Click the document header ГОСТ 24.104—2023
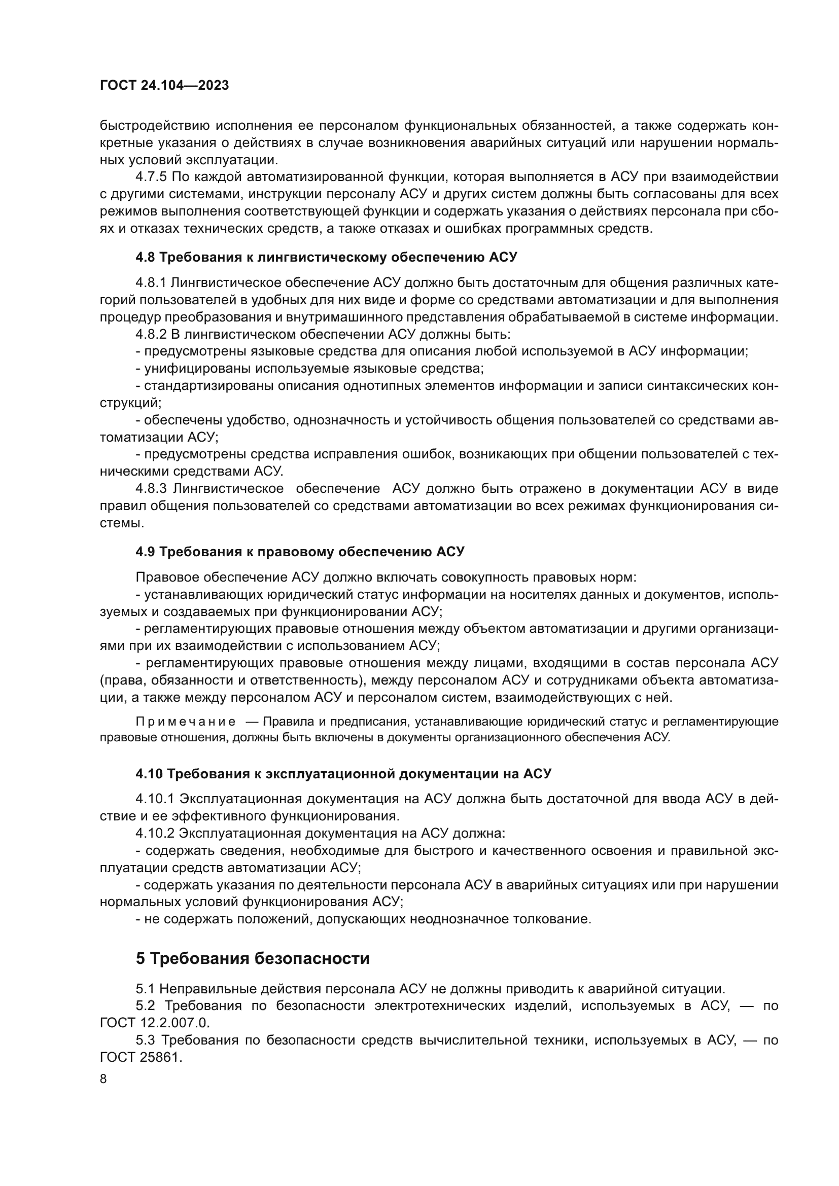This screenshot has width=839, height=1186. [x=164, y=86]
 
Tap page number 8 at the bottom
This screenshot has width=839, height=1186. [x=103, y=1079]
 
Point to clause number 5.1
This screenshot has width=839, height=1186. [x=145, y=989]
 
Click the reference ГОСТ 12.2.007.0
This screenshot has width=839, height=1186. [x=155, y=1023]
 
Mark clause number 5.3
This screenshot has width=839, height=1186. [x=145, y=1040]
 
